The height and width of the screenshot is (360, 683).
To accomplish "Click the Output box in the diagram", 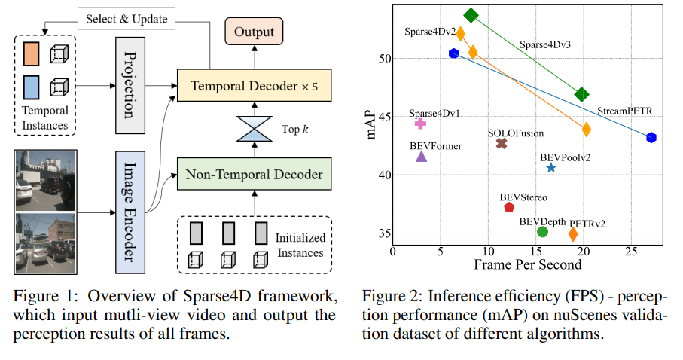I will click(x=254, y=32).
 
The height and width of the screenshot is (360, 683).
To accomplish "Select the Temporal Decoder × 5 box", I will click(x=254, y=86).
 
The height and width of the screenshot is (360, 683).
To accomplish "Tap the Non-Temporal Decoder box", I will click(x=254, y=175).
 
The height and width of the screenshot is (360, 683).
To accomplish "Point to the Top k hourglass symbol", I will click(x=254, y=129).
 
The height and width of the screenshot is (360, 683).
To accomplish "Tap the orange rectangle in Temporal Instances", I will click(x=32, y=54).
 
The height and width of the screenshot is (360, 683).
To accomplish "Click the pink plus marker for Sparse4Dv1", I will click(x=420, y=124).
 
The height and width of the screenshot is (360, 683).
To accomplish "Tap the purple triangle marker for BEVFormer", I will click(x=422, y=157).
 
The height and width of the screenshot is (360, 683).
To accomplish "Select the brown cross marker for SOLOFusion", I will click(x=502, y=143).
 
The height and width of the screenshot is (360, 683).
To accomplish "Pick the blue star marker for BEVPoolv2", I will click(x=551, y=168).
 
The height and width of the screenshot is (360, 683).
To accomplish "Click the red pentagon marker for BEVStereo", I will click(x=509, y=207).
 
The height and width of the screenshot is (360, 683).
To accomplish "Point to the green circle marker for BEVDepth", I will click(x=542, y=232).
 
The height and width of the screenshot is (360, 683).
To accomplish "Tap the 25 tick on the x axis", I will click(x=631, y=252).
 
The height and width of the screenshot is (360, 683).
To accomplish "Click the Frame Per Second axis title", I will click(x=527, y=265).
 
